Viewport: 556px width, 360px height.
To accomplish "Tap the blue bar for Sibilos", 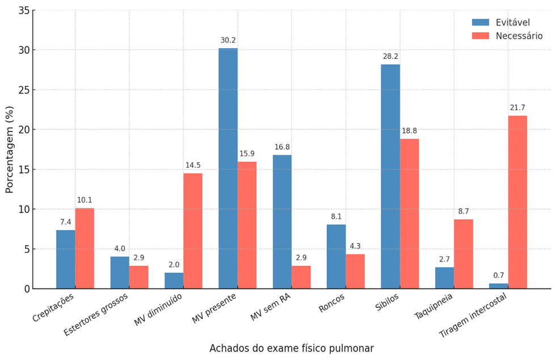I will pyautogui.click(x=390, y=176).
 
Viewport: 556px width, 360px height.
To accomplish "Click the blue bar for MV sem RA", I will pyautogui.click(x=282, y=222).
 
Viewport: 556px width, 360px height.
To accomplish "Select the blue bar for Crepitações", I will pyautogui.click(x=65, y=259).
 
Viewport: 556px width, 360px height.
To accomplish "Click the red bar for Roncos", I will pyautogui.click(x=355, y=271).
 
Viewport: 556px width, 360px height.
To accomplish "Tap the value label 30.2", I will pyautogui.click(x=228, y=41).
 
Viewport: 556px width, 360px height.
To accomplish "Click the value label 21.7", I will pyautogui.click(x=517, y=108).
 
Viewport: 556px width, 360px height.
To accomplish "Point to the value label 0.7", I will pyautogui.click(x=499, y=276).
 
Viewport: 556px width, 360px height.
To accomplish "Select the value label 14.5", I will pyautogui.click(x=193, y=166).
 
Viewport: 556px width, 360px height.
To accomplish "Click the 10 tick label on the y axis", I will pyautogui.click(x=23, y=209).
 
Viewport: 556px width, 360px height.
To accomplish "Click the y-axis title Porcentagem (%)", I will pyautogui.click(x=10, y=149).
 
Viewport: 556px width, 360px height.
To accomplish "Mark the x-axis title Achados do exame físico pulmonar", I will pyautogui.click(x=291, y=348).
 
